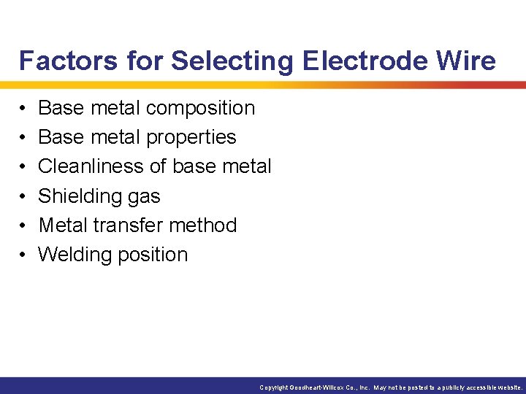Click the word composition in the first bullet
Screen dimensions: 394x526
[x=200, y=109]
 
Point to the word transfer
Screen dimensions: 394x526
[x=127, y=225]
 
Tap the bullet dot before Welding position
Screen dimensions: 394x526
[x=23, y=255]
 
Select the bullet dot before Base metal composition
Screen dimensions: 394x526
[x=23, y=109]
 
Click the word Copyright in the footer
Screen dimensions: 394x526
[x=274, y=388]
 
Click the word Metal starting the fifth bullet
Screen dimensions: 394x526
[x=62, y=225]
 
